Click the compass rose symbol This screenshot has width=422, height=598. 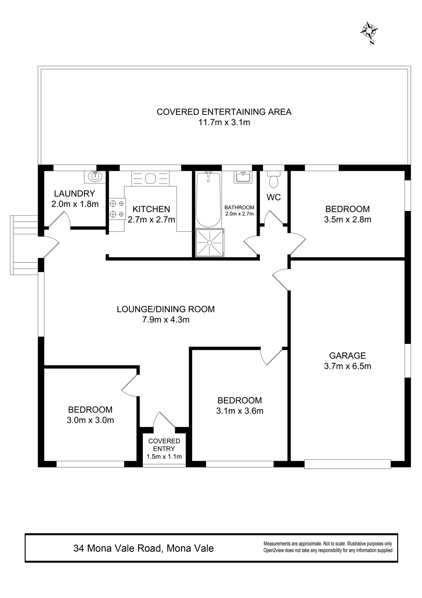click(x=369, y=32)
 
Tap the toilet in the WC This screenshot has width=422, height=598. click(x=273, y=179)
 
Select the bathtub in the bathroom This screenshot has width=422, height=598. click(x=209, y=199)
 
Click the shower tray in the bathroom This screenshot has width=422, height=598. click(x=210, y=243)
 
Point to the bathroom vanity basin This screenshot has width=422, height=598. click(x=243, y=177)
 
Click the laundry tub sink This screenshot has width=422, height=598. click(x=95, y=177)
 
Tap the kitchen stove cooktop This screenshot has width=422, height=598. click(x=117, y=209)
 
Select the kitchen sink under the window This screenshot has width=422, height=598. click(x=150, y=178)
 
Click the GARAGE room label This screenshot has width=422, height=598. click(x=347, y=355)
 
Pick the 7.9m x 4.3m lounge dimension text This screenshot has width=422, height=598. click(x=166, y=320)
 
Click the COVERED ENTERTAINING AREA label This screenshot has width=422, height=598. click(x=224, y=112)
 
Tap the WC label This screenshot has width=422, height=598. click(x=273, y=197)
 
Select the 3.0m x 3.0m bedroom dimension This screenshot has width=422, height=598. click(x=90, y=420)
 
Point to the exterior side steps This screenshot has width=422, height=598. click(x=24, y=245)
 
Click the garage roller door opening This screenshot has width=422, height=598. click(x=348, y=464)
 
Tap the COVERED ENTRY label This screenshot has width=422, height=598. click(x=164, y=445)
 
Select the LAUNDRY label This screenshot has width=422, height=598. click(x=75, y=193)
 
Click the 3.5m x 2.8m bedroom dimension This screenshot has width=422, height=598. click(x=348, y=219)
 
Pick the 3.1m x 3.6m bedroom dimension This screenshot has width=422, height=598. click(x=240, y=411)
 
